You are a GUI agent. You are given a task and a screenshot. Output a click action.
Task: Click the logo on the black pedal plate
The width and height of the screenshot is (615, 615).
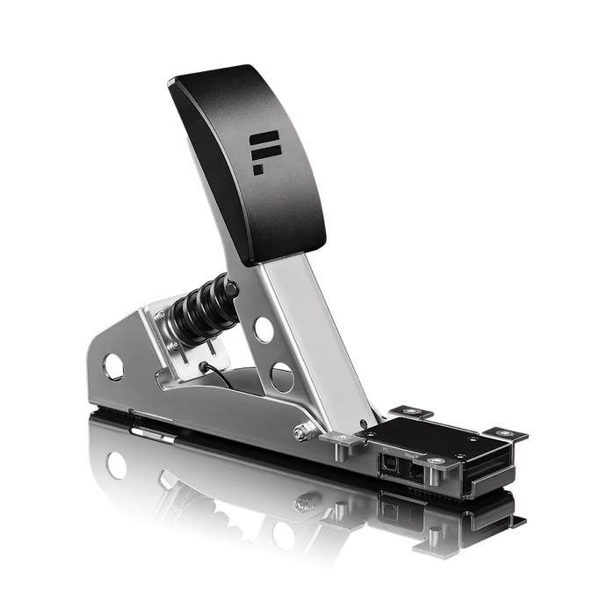(x=262, y=153)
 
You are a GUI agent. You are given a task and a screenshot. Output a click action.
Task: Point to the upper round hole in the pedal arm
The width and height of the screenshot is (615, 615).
(x=262, y=330)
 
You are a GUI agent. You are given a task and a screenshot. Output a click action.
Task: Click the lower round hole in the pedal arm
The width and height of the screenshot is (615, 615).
(x=281, y=377)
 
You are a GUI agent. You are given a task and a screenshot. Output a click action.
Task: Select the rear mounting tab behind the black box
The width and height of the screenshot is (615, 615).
(x=412, y=411)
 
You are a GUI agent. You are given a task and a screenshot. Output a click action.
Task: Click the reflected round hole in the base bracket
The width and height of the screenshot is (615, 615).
(x=114, y=465)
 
